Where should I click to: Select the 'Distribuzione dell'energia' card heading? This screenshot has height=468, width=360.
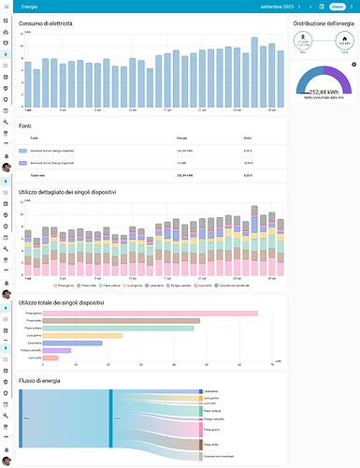point(322,22)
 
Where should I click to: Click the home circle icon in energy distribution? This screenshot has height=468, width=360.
point(344,39)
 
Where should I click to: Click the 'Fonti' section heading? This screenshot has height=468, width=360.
point(25,125)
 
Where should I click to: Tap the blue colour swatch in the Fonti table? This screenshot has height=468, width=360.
point(23,150)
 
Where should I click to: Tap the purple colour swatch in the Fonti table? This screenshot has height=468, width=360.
point(23,162)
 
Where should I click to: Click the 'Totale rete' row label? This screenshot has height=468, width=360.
point(39,175)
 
